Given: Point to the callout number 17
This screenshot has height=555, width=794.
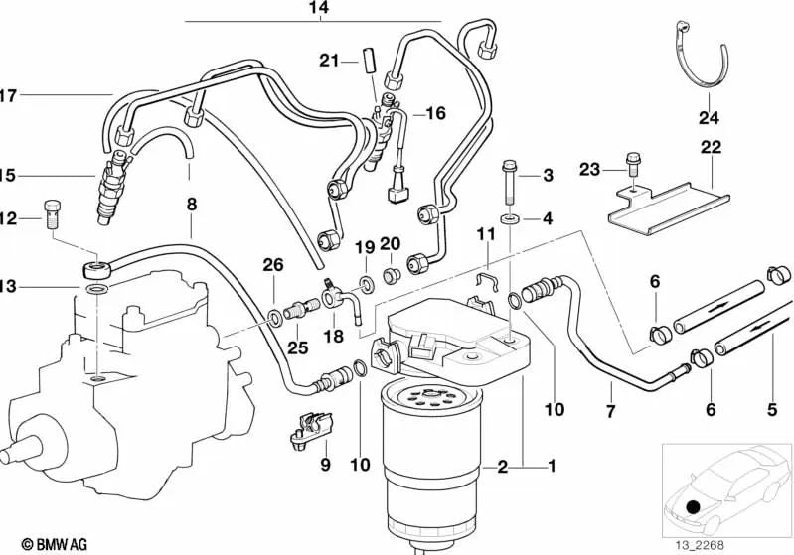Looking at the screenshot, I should pyautogui.click(x=8, y=95).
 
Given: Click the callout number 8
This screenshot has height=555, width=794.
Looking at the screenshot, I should pyautogui.click(x=192, y=205).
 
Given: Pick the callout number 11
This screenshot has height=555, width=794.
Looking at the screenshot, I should pyautogui.click(x=485, y=234).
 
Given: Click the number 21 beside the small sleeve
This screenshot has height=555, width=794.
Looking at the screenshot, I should pyautogui.click(x=330, y=61).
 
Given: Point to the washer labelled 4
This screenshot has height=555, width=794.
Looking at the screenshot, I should pyautogui.click(x=509, y=217).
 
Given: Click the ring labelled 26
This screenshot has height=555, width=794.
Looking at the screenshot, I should pyautogui.click(x=273, y=320).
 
